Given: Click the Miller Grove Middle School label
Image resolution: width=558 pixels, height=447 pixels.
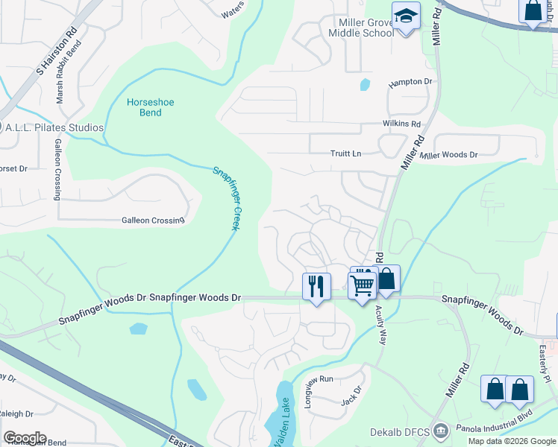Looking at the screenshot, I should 361,28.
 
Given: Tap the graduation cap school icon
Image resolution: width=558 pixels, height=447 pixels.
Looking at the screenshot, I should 406,16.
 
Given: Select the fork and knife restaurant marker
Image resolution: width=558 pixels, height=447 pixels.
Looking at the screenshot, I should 316,286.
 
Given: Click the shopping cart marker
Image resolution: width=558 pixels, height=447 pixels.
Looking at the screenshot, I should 363,285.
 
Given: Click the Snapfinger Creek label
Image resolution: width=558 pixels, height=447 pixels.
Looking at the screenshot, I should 226,197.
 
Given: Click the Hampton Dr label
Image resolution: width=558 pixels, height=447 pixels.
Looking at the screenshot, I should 410,81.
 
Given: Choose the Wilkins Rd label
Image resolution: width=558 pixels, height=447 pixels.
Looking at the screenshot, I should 402,124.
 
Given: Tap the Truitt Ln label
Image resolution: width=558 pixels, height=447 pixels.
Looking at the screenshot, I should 345,153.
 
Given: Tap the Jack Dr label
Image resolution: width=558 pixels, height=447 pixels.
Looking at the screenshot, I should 351,395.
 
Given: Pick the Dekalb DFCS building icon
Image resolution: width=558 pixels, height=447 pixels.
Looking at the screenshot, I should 441,431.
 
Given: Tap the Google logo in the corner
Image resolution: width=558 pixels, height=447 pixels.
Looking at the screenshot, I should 25,438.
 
